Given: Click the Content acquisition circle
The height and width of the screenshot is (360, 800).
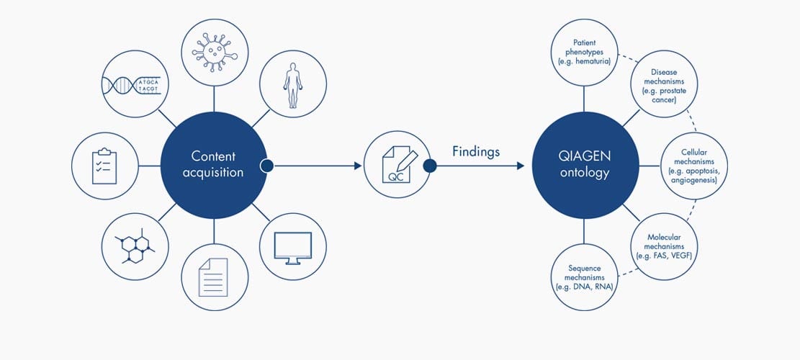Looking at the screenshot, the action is [x=214, y=165].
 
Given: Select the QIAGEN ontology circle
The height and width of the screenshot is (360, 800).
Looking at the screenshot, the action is [x=585, y=165].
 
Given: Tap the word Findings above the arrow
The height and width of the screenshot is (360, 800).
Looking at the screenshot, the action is [x=476, y=151].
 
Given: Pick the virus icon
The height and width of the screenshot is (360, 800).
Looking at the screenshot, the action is [x=215, y=52].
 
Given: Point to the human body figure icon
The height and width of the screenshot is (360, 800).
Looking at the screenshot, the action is [x=293, y=85].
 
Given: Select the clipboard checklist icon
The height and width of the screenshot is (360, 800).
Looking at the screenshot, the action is [x=104, y=166].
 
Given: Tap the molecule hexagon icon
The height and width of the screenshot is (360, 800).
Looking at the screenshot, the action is [x=135, y=246].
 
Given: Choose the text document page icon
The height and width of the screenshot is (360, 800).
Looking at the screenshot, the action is [x=213, y=277].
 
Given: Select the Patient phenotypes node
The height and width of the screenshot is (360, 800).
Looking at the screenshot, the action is [x=585, y=53].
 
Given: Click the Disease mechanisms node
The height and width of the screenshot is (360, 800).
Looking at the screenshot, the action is [x=665, y=84].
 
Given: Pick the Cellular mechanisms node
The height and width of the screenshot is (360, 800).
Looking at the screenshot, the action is [x=694, y=166].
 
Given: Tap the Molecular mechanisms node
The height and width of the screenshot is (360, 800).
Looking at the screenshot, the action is [x=665, y=246].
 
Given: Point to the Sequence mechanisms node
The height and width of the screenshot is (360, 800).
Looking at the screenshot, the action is [x=585, y=277].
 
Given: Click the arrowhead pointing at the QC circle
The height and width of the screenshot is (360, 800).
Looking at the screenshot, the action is [x=358, y=166].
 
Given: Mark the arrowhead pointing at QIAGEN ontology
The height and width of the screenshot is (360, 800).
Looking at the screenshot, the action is [x=521, y=166].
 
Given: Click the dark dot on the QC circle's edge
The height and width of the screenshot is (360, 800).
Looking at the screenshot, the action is [x=430, y=166].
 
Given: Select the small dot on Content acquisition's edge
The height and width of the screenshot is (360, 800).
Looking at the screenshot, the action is [x=267, y=166].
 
